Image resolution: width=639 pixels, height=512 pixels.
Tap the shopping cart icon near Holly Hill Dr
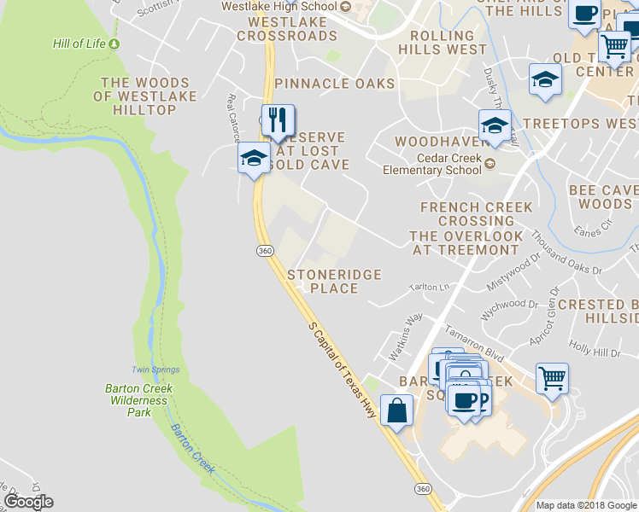tap(553, 377)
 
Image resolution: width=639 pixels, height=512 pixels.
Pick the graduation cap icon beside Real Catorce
tap(253, 158)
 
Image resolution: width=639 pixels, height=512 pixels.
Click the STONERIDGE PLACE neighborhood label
tap(333, 282)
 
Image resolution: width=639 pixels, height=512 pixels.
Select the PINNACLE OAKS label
tap(335, 84)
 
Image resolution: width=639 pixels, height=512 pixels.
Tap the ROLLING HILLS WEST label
tap(443, 43)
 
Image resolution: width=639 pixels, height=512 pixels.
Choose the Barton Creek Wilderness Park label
tap(138, 400)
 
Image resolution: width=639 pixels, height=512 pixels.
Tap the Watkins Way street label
tap(407, 328)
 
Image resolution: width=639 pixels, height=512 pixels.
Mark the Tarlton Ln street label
tap(429, 288)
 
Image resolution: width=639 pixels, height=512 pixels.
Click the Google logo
tap(28, 502)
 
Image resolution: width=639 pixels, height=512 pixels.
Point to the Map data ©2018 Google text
tap(586, 505)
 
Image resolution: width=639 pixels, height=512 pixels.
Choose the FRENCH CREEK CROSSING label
tap(476, 214)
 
